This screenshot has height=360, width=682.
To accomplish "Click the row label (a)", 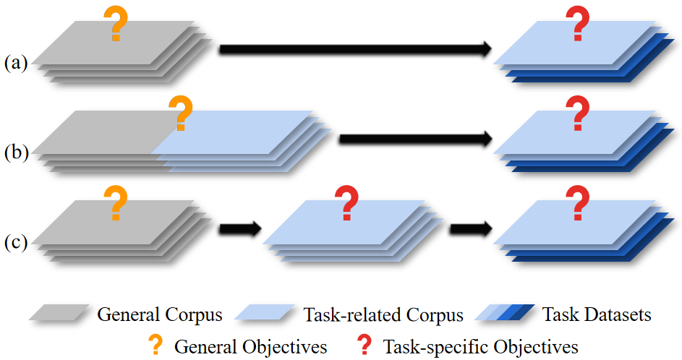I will point(15,63).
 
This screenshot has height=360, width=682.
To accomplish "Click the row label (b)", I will point(15,153).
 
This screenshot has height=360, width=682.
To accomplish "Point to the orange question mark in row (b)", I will point(180,114).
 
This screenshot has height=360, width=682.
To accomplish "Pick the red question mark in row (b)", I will point(577,114).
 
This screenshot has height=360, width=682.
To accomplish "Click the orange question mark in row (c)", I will point(114,203).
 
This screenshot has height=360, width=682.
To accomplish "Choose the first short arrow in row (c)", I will point(239,228).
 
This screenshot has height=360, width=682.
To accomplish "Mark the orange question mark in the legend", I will point(155,345).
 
